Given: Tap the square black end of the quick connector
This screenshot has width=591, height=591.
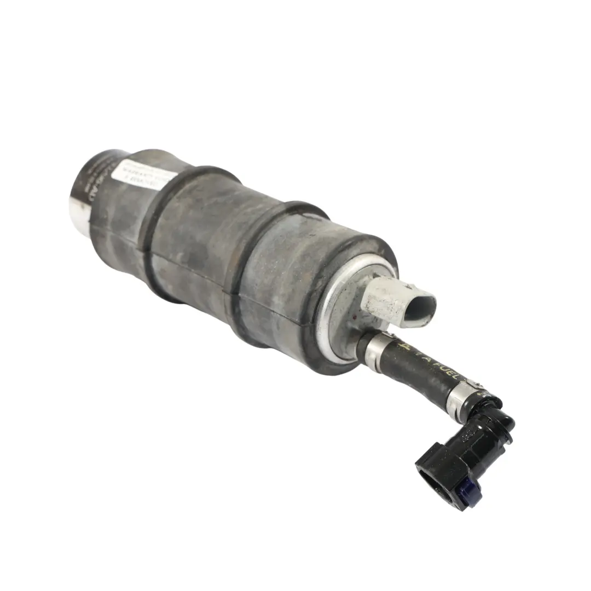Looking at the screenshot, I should [x=435, y=471].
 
